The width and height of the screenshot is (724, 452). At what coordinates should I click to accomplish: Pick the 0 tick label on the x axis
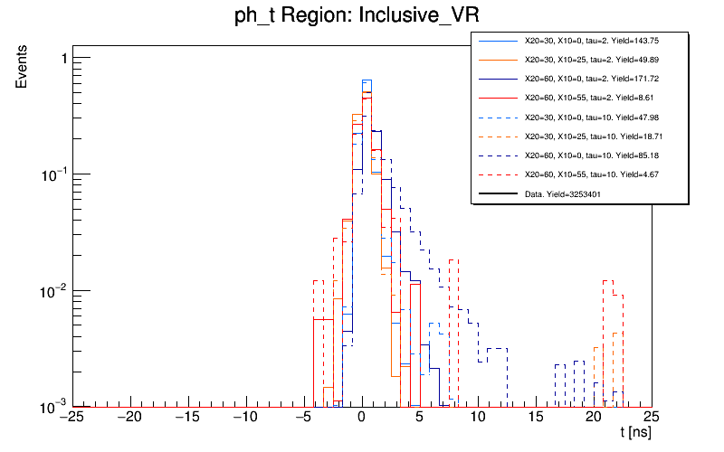click(361, 418)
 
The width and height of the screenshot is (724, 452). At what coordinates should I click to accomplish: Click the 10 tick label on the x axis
click(477, 418)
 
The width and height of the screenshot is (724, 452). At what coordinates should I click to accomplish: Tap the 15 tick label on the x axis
click(535, 418)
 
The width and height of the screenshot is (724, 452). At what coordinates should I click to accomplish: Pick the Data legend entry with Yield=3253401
click(570, 193)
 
